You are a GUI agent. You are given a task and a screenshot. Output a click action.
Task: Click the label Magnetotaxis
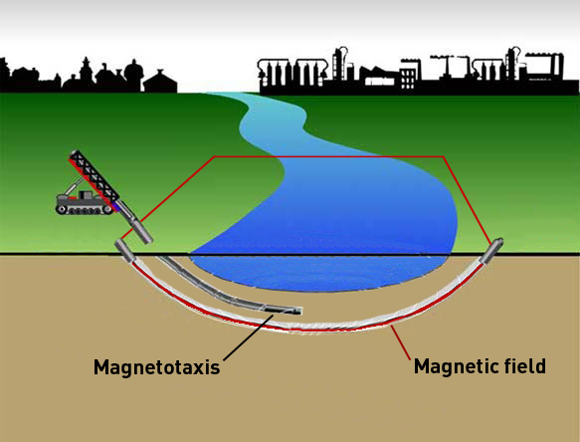click(x=157, y=367)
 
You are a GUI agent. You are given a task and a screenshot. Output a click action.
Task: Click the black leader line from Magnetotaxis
click(x=249, y=337)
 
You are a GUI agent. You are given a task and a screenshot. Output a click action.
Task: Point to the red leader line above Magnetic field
click(x=401, y=342)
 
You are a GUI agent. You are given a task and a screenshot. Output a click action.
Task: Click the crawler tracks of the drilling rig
click(x=84, y=210)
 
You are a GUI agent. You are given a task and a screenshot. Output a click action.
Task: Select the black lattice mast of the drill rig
click(x=95, y=176)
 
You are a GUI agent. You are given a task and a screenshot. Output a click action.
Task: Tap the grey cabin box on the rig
click(x=86, y=195)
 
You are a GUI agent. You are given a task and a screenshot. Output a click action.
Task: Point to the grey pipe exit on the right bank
click(x=492, y=250)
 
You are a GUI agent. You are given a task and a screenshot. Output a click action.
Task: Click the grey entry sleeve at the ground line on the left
click(x=123, y=251)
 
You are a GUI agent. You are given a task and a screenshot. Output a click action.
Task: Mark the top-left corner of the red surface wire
click(x=215, y=156)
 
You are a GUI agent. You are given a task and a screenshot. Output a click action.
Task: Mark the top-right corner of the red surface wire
click(x=444, y=156)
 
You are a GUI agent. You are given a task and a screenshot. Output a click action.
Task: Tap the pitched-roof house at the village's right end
click(x=160, y=82)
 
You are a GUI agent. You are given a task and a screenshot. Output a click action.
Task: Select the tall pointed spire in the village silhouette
click(x=86, y=71)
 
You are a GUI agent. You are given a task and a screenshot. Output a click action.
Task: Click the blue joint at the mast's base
click(x=116, y=206)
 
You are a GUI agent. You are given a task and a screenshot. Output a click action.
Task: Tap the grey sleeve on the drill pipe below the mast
click(x=142, y=231)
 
